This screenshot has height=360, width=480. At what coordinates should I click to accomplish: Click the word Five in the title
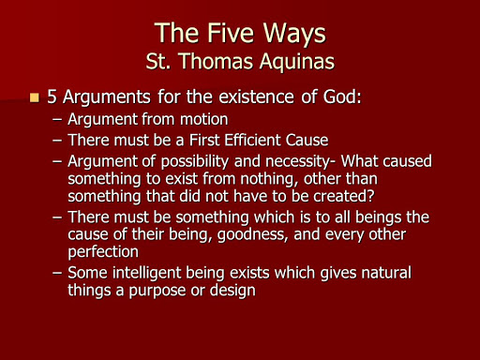coord(232,34)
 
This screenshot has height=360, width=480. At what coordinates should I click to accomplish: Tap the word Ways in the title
coord(292,34)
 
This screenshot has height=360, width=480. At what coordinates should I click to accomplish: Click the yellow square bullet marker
coord(36,97)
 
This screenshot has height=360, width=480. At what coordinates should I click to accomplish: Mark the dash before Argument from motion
coord(57,120)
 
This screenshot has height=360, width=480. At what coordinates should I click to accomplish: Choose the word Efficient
coord(254,141)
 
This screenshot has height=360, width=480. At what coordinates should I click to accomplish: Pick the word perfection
coord(104,252)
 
